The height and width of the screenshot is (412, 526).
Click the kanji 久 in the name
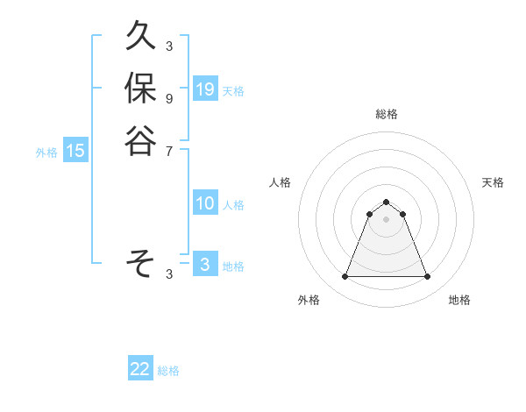(140, 38)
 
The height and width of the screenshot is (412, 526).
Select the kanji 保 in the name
(140, 89)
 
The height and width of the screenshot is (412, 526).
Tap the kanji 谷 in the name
(140, 140)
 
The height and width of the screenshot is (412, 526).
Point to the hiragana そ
(140, 262)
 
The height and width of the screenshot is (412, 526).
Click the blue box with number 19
(205, 89)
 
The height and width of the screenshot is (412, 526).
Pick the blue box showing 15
(75, 151)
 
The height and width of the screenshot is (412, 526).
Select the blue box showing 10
(205, 203)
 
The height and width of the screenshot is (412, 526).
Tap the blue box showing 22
(140, 369)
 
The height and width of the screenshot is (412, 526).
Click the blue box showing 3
(205, 265)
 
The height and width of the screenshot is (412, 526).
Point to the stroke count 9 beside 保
(169, 98)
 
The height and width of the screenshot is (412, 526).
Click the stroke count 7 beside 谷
(169, 151)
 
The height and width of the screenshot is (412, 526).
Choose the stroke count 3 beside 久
(169, 46)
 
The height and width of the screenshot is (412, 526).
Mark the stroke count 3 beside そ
(169, 273)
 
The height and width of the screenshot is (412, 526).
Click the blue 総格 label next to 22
(168, 371)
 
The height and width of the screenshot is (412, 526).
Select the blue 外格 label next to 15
(46, 153)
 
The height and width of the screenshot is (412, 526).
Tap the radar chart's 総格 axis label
(386, 114)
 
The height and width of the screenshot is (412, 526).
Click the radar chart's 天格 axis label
(494, 182)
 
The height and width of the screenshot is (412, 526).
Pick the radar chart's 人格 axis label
(281, 182)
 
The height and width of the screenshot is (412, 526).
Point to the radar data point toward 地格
(427, 277)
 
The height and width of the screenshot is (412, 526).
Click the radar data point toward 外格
(345, 277)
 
